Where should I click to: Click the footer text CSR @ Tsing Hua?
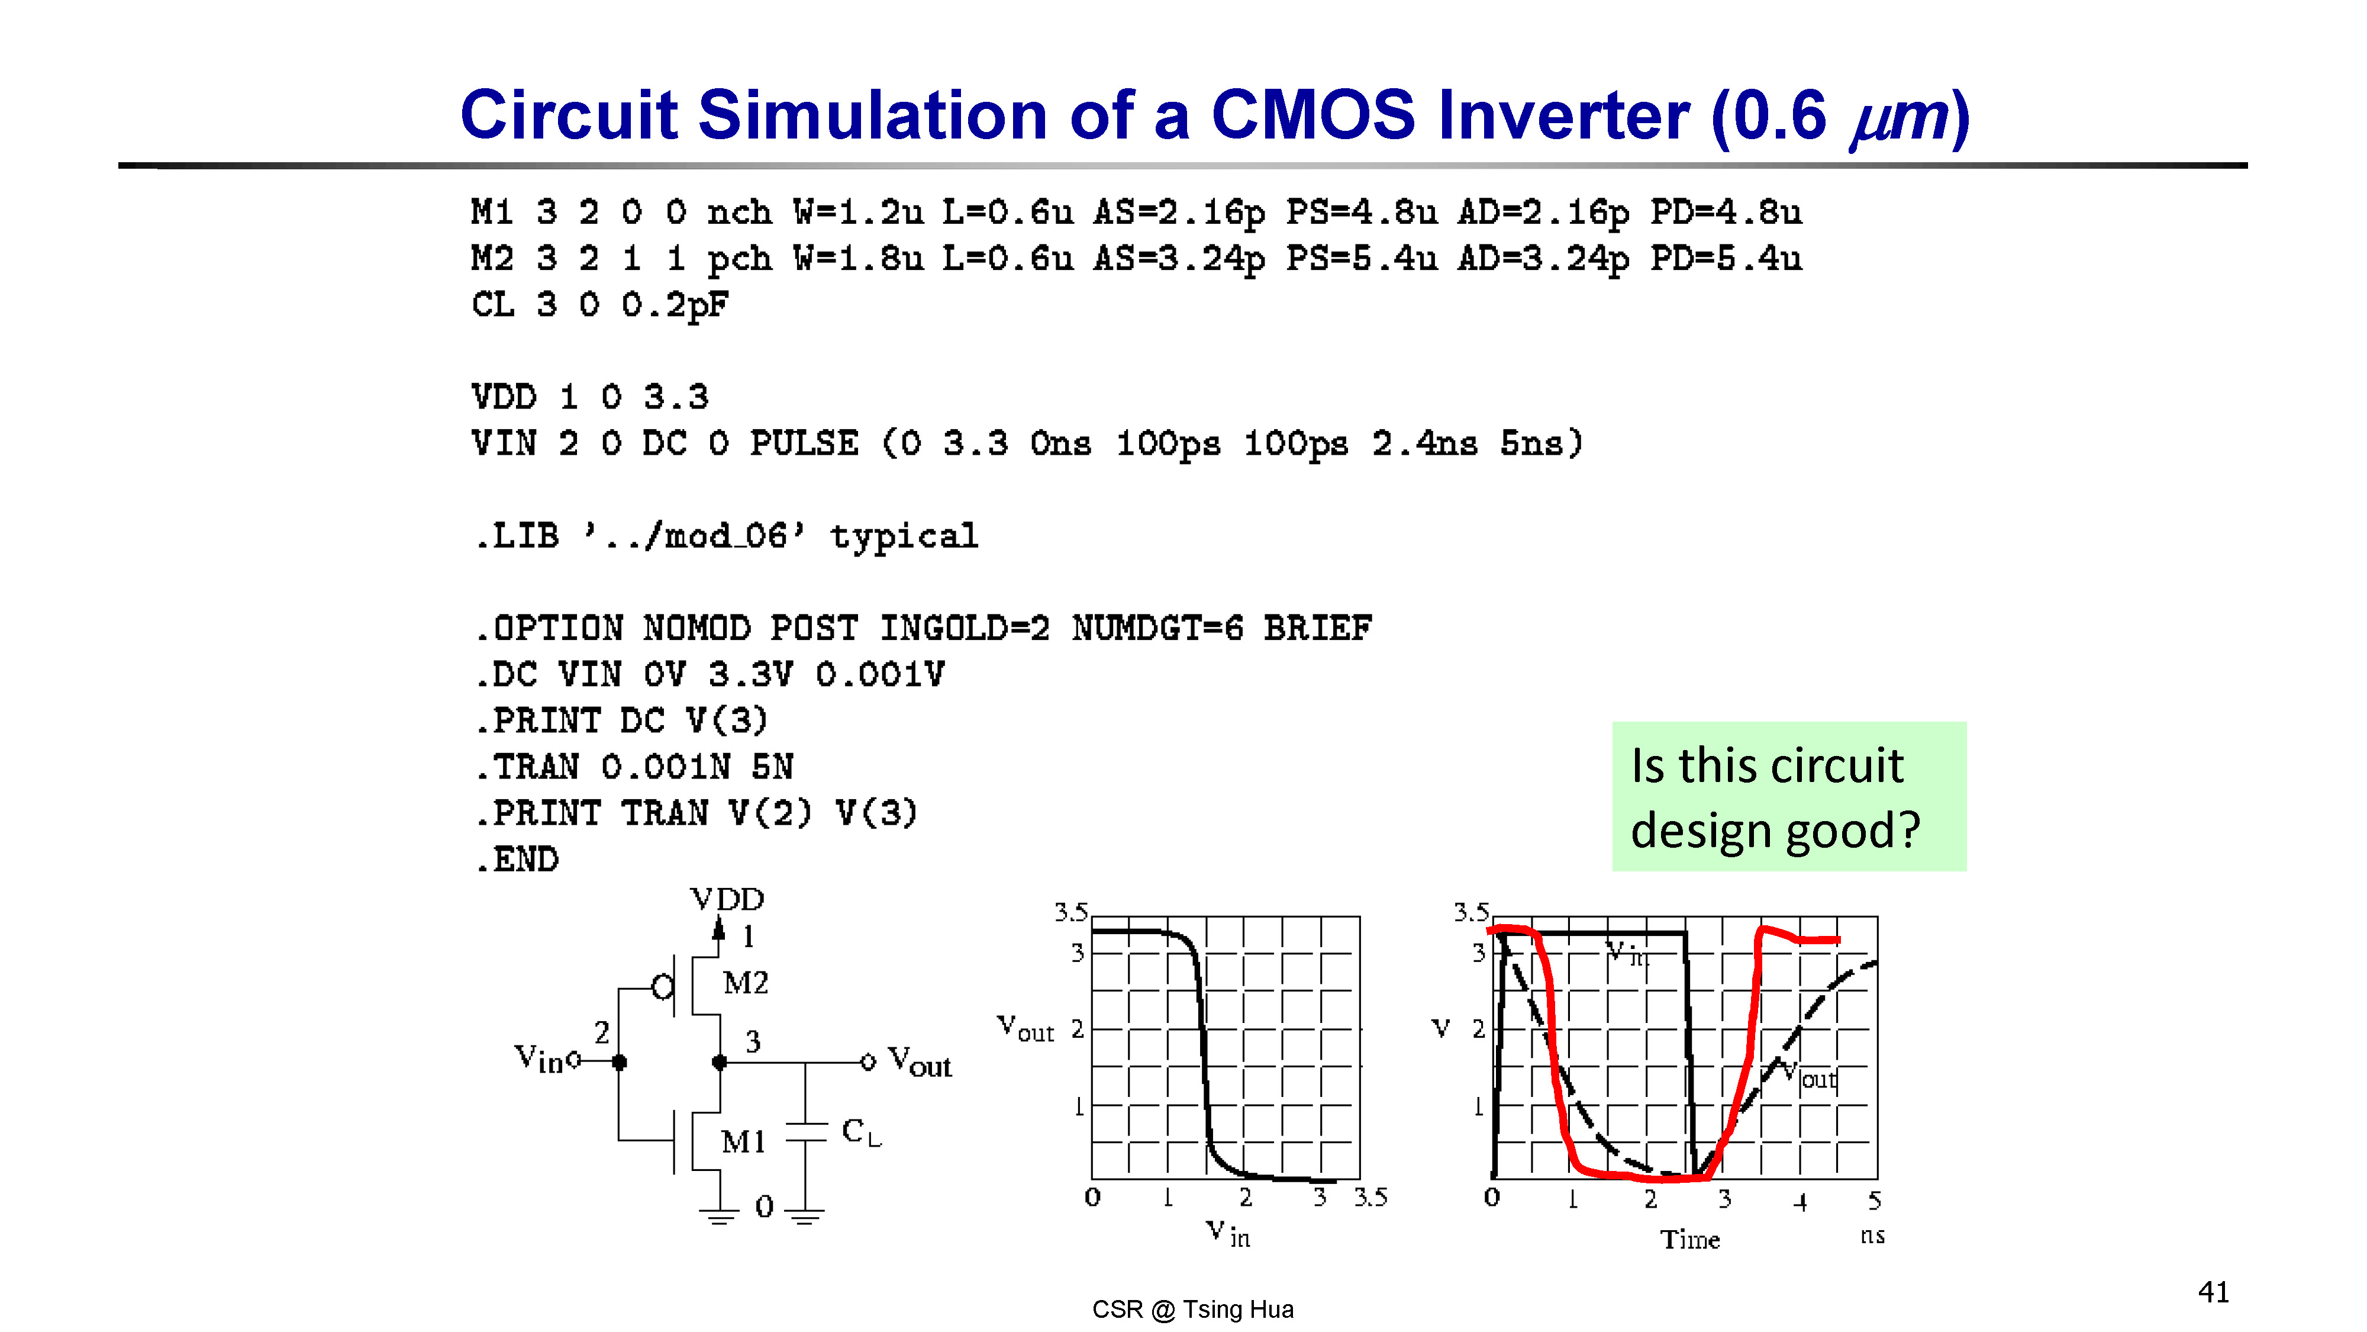[1193, 1309]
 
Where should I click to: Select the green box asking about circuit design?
[1789, 796]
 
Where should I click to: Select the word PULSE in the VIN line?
[804, 443]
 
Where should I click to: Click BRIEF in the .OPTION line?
[1318, 629]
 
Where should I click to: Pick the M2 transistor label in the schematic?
[745, 983]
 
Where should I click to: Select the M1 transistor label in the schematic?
[743, 1141]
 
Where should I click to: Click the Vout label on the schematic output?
[920, 1061]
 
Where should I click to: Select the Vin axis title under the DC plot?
[1228, 1234]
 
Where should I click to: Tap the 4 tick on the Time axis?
[1800, 1201]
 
